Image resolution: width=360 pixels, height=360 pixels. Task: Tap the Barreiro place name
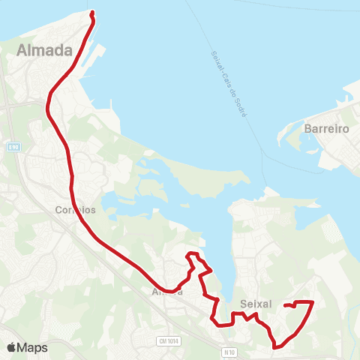pos(328,129)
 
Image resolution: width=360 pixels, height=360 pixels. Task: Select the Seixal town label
pos(255,304)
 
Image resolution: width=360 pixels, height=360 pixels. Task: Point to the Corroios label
pos(75,210)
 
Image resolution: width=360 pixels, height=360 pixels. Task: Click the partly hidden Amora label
pos(166,292)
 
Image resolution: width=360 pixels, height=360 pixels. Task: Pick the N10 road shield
pos(229,350)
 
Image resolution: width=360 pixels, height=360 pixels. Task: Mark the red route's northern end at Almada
pos(91,13)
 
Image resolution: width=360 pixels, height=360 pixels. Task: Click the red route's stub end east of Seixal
pos(286,305)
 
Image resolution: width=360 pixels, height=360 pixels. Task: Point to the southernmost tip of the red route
pos(277,347)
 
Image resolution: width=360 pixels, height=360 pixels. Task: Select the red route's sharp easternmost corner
pos(311,302)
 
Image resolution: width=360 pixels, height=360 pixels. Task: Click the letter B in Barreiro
pos(308,129)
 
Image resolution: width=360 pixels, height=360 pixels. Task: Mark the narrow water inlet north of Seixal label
pos(222,247)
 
